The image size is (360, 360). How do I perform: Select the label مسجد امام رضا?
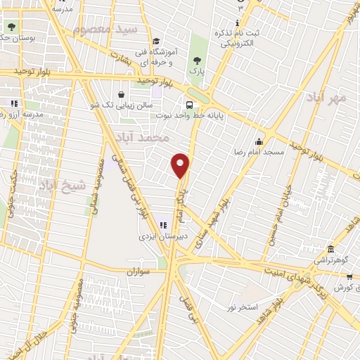259,152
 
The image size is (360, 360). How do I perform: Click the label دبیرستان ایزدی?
164,237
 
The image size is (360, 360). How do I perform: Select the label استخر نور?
243,308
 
